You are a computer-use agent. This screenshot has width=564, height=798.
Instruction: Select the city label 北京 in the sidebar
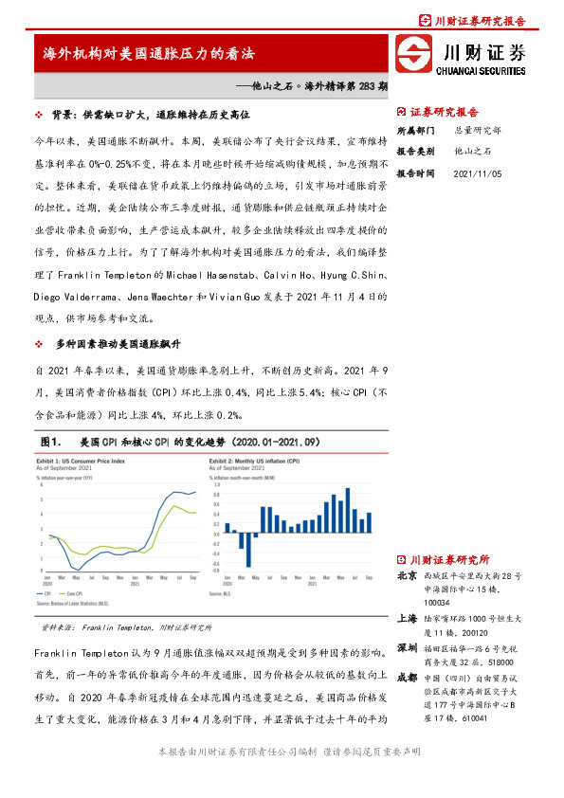(x=406, y=575)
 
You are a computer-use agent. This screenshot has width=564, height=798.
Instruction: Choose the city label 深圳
(x=406, y=647)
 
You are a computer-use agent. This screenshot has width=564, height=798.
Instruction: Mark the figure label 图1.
(x=51, y=442)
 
